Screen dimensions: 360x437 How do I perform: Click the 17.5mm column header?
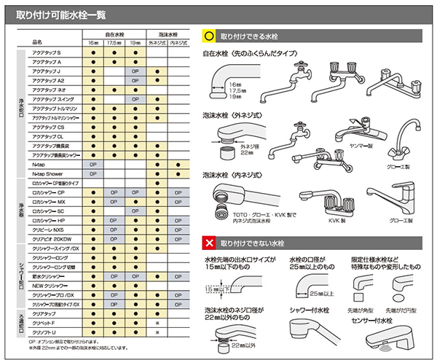click(114, 43)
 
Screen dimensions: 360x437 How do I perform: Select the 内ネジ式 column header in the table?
click(178, 43)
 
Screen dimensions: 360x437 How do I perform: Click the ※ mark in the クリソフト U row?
click(157, 332)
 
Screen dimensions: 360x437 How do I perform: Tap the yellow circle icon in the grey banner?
click(209, 35)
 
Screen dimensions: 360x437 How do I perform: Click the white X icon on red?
click(209, 240)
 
